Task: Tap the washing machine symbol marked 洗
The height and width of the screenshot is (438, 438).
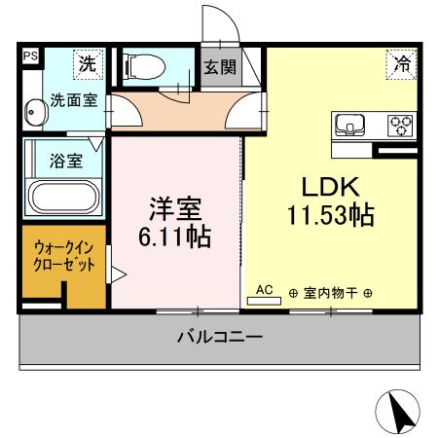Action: (x=88, y=66)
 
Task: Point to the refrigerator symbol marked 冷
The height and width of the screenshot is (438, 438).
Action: (x=401, y=63)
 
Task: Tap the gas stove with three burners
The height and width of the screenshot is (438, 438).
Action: (x=401, y=126)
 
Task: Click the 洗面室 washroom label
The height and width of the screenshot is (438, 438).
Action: (x=72, y=99)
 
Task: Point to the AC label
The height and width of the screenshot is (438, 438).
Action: (x=263, y=290)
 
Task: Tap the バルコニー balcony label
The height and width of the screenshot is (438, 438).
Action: (x=219, y=338)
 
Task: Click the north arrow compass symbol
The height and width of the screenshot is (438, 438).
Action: (x=400, y=411)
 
